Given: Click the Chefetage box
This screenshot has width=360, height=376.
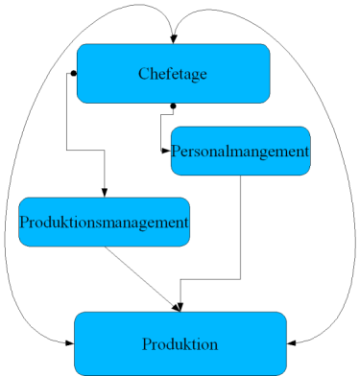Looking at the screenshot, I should click(x=173, y=73).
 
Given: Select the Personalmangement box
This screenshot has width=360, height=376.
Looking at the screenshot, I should click(x=240, y=151).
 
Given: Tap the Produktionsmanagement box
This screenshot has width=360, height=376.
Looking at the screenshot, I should click(x=104, y=222).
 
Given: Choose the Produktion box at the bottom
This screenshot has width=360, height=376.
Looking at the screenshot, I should click(x=180, y=343).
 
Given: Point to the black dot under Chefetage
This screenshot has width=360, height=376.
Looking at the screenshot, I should click(x=173, y=106).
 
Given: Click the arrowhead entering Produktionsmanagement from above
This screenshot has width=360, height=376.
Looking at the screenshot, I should click(x=104, y=192).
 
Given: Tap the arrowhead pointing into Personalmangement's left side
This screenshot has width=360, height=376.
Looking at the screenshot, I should click(x=166, y=150).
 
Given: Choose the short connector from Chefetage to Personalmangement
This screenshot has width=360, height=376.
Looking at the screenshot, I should click(x=160, y=129).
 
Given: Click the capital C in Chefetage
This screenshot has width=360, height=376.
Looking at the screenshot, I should click(x=144, y=73).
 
